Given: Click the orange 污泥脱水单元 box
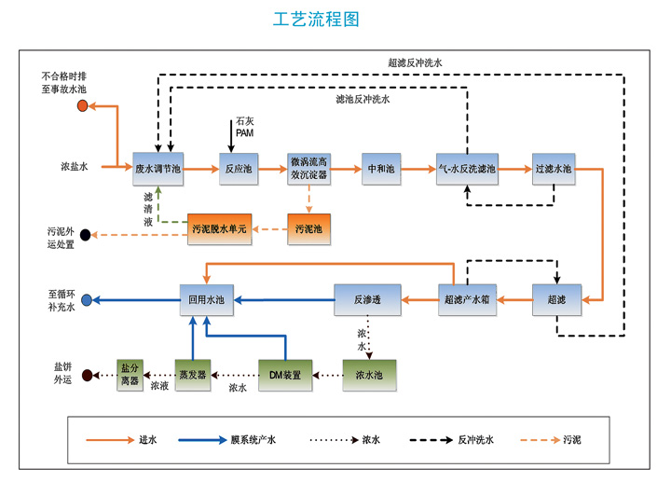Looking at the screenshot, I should pyautogui.click(x=220, y=228).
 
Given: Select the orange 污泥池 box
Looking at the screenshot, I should pyautogui.click(x=308, y=228).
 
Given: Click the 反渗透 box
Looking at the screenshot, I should pyautogui.click(x=368, y=299).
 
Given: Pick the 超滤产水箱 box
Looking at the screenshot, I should pyautogui.click(x=467, y=299).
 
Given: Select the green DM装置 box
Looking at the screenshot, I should pyautogui.click(x=285, y=375).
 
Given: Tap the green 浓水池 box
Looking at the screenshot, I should pyautogui.click(x=368, y=375).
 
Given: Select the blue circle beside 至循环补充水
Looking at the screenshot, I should pyautogui.click(x=86, y=300).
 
